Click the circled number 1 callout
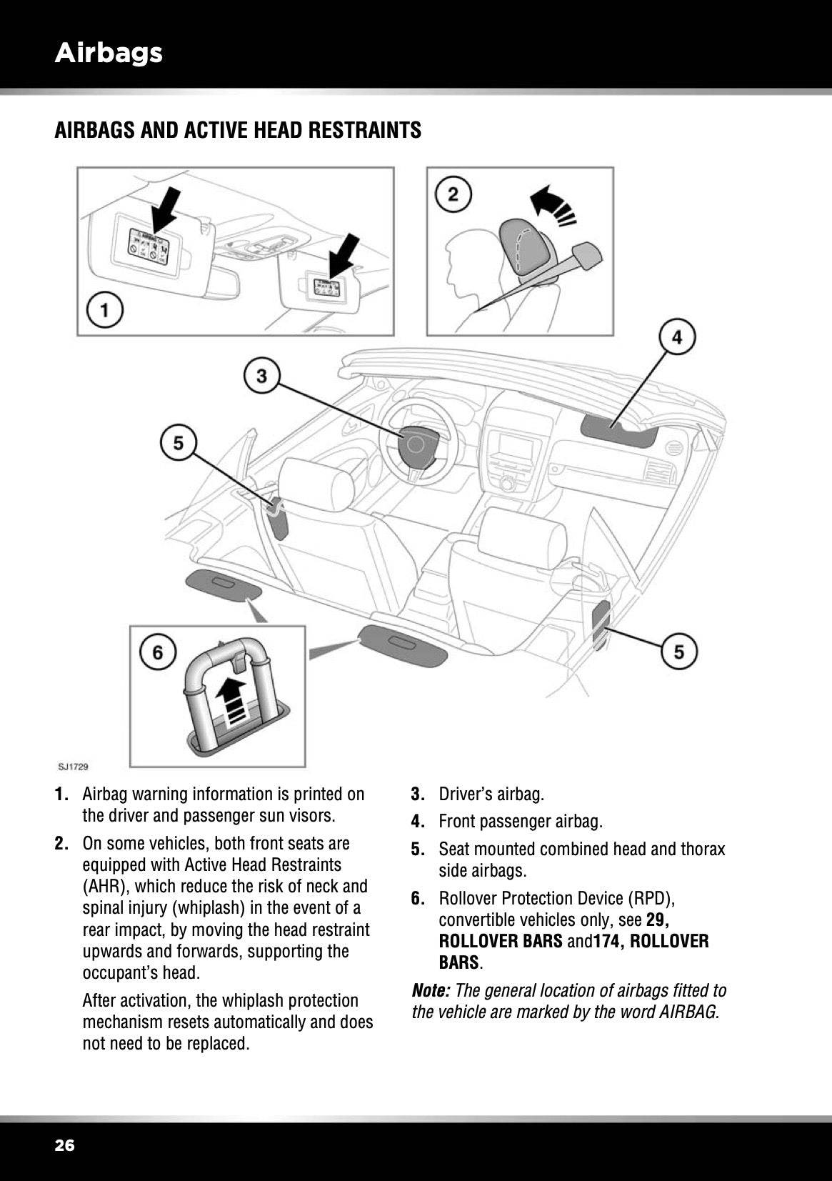tap(105, 312)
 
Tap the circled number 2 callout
tap(453, 193)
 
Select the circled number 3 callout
tap(262, 375)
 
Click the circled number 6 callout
tap(157, 652)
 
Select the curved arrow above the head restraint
tap(553, 203)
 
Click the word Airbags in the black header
tap(109, 52)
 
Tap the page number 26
tap(64, 1146)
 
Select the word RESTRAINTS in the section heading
tap(363, 131)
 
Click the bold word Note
tap(431, 991)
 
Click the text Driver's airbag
tap(491, 794)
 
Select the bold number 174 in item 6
tap(607, 941)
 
